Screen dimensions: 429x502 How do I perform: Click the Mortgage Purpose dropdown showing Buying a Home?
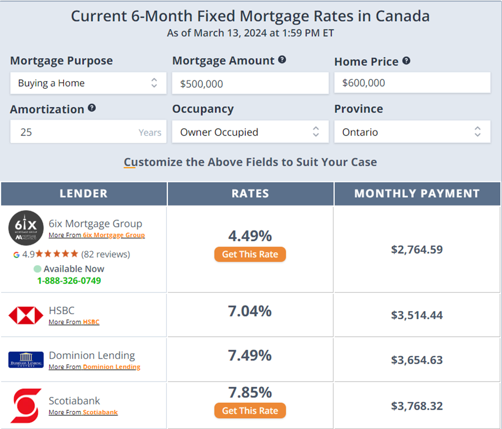pyautogui.click(x=88, y=83)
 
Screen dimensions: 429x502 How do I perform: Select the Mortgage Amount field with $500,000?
pyautogui.click(x=250, y=84)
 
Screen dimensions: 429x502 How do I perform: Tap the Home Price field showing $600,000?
pyautogui.click(x=412, y=83)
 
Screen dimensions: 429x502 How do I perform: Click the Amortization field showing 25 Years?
pyautogui.click(x=88, y=132)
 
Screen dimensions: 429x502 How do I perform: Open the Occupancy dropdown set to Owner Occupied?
pyautogui.click(x=250, y=132)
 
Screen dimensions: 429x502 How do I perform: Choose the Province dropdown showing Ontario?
pyautogui.click(x=412, y=132)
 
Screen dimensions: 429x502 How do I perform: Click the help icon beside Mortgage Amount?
pyautogui.click(x=282, y=60)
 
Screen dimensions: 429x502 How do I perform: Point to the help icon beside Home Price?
pyautogui.click(x=406, y=61)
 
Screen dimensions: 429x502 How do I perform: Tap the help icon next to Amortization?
pyautogui.click(x=92, y=108)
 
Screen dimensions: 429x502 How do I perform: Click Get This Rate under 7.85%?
pyautogui.click(x=250, y=410)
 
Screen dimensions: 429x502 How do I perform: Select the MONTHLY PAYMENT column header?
pyautogui.click(x=417, y=194)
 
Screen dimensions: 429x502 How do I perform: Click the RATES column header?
pyautogui.click(x=250, y=194)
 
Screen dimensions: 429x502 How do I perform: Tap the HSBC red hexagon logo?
pyautogui.click(x=26, y=315)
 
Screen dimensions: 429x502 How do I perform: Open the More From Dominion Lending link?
pyautogui.click(x=111, y=367)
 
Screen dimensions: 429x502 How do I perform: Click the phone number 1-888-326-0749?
pyautogui.click(x=69, y=280)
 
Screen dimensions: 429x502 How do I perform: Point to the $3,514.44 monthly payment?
pyautogui.click(x=417, y=315)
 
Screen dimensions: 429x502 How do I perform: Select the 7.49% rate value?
pyautogui.click(x=250, y=355)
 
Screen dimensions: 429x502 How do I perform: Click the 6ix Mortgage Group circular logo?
pyautogui.click(x=26, y=227)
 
